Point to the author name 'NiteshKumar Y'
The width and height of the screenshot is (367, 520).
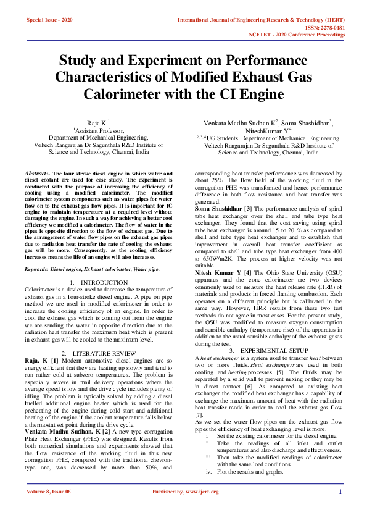click(x=268, y=131)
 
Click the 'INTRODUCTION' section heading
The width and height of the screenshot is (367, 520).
click(x=104, y=282)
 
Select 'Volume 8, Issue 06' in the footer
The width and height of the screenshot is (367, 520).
click(x=49, y=509)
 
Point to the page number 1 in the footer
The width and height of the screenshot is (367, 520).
click(x=340, y=509)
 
